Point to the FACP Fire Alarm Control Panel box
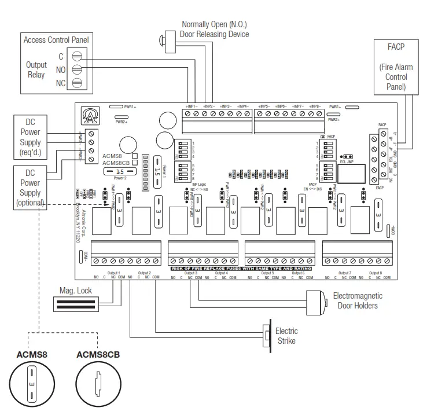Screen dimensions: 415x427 click(396, 67)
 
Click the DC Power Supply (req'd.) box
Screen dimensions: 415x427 click(30, 138)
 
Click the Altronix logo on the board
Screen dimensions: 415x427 click(90, 115)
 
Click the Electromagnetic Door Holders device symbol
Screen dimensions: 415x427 click(316, 300)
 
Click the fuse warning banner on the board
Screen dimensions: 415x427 click(241, 269)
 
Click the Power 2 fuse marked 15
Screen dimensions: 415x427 click(120, 171)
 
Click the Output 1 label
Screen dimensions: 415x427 click(113, 273)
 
